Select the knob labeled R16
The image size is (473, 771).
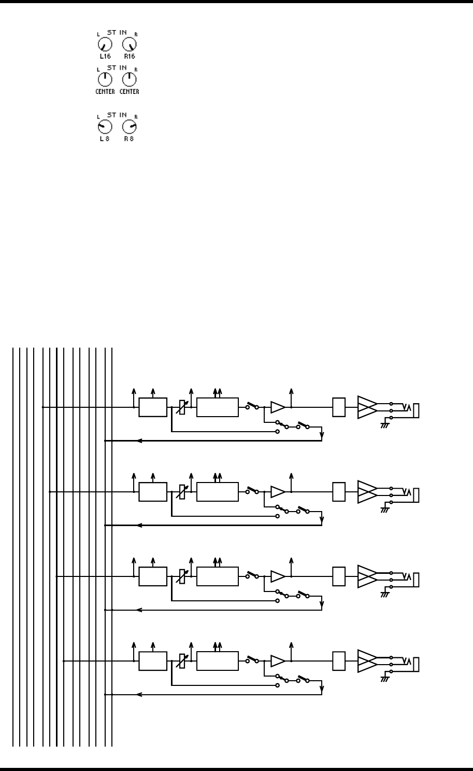128,46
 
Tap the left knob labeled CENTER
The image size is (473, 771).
105,79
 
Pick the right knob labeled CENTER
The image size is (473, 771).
129,79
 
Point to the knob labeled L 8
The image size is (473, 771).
105,128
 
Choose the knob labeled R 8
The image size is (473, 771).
129,128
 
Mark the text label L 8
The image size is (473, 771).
105,139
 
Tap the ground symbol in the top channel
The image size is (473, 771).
385,425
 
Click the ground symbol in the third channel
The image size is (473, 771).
385,594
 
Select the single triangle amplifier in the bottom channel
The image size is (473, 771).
278,661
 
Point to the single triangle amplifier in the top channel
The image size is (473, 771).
278,407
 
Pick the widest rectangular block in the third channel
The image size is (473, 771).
218,576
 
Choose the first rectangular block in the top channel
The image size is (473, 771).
153,407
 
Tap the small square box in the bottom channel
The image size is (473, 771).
339,661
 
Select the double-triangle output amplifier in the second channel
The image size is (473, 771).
367,492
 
